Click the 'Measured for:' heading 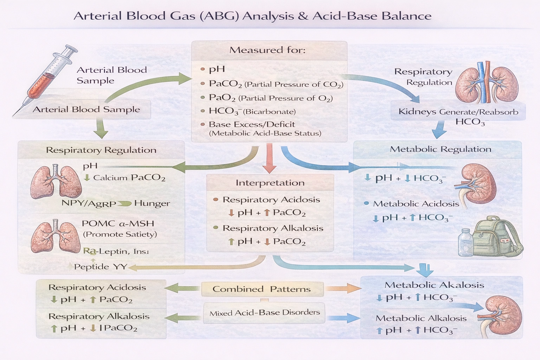click(x=268, y=50)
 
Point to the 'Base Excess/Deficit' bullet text click(x=252, y=124)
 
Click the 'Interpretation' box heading click(x=270, y=183)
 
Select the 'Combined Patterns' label click(x=262, y=289)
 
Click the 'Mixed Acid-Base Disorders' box click(x=264, y=313)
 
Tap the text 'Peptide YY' click(x=91, y=267)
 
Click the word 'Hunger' click(x=152, y=203)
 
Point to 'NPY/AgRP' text click(x=89, y=204)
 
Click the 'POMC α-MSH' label click(x=118, y=224)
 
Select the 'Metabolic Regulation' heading click(x=441, y=149)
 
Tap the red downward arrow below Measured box click(x=270, y=158)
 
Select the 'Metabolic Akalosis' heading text click(x=434, y=285)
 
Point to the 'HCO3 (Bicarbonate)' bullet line click(x=252, y=111)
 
